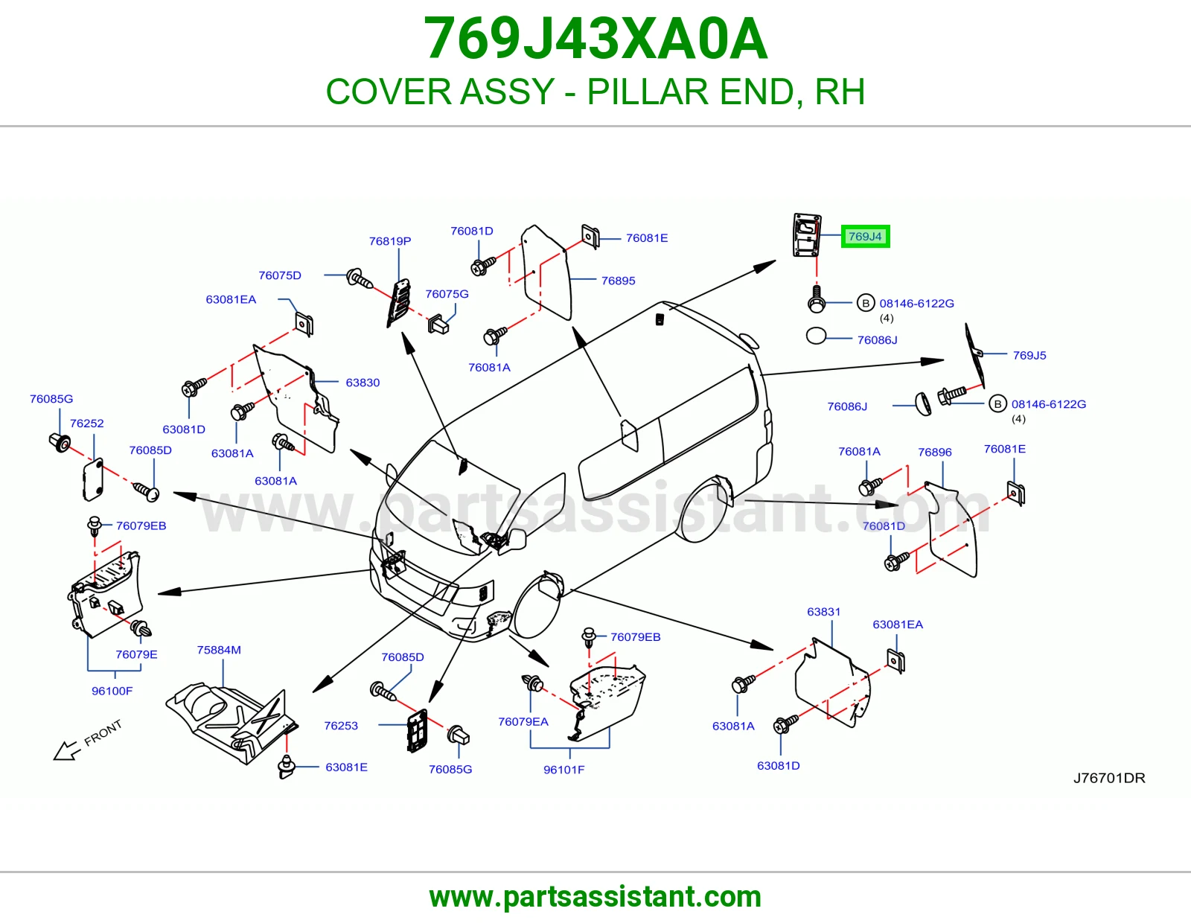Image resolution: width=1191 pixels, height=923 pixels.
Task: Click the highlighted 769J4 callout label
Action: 865,236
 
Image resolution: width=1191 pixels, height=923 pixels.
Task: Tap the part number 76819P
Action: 390,241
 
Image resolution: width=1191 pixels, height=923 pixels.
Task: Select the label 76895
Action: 619,281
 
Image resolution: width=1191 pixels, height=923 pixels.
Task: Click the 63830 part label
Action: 363,383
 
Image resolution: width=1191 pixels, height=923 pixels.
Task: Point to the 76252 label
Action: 86,423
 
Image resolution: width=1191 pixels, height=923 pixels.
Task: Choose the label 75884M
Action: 219,650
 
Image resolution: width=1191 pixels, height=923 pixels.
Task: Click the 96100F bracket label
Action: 112,691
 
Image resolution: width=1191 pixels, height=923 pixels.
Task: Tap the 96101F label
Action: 563,770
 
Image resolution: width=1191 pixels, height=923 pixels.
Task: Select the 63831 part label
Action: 823,612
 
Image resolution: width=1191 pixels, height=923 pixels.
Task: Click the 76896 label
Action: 934,452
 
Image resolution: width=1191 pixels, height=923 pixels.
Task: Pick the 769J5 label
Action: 1029,355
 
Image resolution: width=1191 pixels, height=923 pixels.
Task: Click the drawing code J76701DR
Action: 1109,778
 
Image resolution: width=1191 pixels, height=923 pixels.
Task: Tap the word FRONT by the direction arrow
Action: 103,732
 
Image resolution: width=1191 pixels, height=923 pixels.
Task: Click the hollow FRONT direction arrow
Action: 66,751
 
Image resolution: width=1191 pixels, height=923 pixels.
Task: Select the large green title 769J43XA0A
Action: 595,39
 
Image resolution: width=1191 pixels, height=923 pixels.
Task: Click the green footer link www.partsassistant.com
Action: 595,897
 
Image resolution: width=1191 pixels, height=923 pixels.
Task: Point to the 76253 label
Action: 340,726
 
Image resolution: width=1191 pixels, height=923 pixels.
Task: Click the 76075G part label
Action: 447,294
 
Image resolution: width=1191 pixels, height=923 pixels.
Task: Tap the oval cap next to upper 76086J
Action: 816,336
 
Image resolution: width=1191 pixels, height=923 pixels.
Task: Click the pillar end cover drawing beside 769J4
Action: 807,235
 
